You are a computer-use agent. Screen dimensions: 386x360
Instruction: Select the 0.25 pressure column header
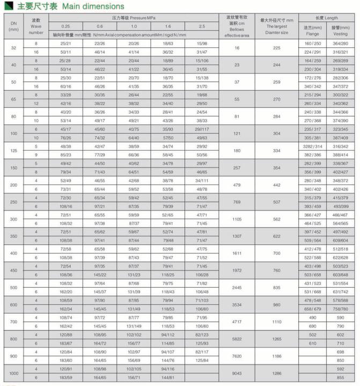[65, 26]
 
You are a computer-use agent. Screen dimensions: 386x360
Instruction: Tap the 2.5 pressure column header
[202, 26]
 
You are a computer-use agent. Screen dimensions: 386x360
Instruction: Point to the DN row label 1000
[13, 374]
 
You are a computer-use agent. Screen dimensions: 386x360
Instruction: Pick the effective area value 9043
[237, 374]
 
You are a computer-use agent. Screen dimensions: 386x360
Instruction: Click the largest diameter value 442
[277, 185]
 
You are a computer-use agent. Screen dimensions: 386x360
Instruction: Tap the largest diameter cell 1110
[277, 322]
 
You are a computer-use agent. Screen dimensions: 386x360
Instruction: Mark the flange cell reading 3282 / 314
[313, 146]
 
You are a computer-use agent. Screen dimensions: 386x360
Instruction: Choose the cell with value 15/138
[202, 78]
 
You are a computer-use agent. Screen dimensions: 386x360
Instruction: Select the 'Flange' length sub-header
[313, 30]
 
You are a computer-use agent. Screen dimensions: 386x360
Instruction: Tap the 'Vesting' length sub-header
[340, 30]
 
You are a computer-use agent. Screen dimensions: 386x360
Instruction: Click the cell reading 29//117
[202, 129]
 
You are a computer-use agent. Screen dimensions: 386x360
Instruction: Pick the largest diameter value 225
[277, 48]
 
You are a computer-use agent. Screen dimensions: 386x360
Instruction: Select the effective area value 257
[237, 167]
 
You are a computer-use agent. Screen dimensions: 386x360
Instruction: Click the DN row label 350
[13, 236]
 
